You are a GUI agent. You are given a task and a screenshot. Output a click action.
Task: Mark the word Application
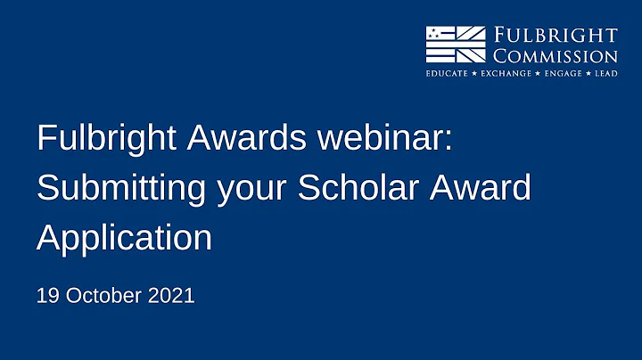(124, 238)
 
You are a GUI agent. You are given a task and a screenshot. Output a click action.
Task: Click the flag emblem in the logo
(455, 44)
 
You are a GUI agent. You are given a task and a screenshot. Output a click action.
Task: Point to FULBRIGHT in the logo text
(555, 36)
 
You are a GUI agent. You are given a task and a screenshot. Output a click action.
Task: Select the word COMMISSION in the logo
(555, 55)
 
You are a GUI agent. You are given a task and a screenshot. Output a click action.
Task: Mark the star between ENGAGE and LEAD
(588, 73)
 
